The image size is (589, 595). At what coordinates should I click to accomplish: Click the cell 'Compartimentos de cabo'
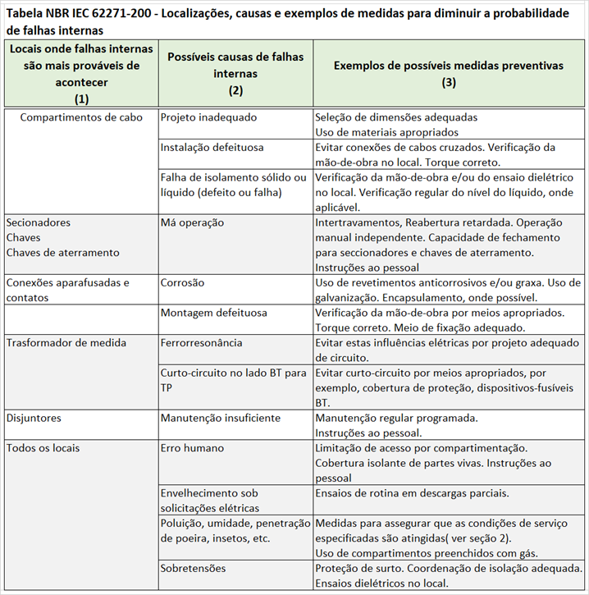81,117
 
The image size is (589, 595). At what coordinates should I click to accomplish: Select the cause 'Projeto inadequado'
208,117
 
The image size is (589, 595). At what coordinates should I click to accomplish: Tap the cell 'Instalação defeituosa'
212,148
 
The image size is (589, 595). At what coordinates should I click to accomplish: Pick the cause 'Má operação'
192,222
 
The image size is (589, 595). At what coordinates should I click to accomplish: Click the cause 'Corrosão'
183,282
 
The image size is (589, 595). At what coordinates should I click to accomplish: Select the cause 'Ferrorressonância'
202,342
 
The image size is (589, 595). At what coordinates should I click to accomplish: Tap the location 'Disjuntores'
35,418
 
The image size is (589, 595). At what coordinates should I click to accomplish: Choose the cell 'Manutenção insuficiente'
221,418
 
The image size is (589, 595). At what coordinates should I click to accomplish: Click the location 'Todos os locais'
43,448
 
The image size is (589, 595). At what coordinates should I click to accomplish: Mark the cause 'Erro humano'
192,448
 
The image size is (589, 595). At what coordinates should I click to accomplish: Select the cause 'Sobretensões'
193,568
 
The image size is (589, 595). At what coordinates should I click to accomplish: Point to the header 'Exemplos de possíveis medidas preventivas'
449,65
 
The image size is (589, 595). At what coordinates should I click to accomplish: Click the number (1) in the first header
81,98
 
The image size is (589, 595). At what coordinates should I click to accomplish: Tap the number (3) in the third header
449,82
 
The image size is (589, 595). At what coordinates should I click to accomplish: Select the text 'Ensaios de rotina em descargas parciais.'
412,492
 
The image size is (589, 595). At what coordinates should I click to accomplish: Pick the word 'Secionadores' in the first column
38,222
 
